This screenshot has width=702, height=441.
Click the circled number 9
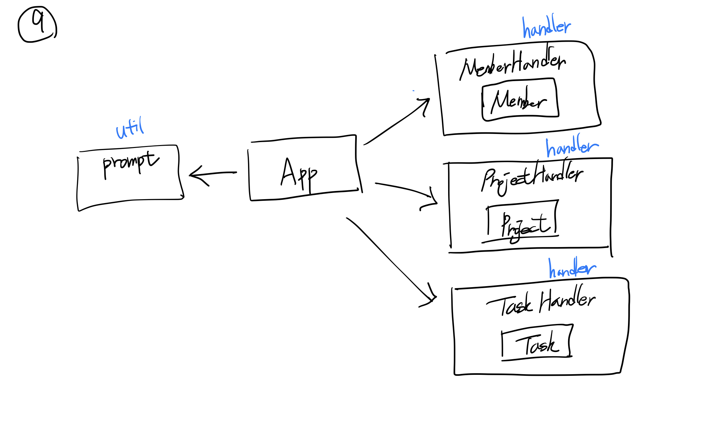pos(37,24)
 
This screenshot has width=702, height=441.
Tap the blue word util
pos(130,128)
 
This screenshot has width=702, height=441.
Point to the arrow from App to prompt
pos(213,174)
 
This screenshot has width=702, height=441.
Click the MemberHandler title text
pos(513,64)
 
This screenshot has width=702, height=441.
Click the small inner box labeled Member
pos(520,100)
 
